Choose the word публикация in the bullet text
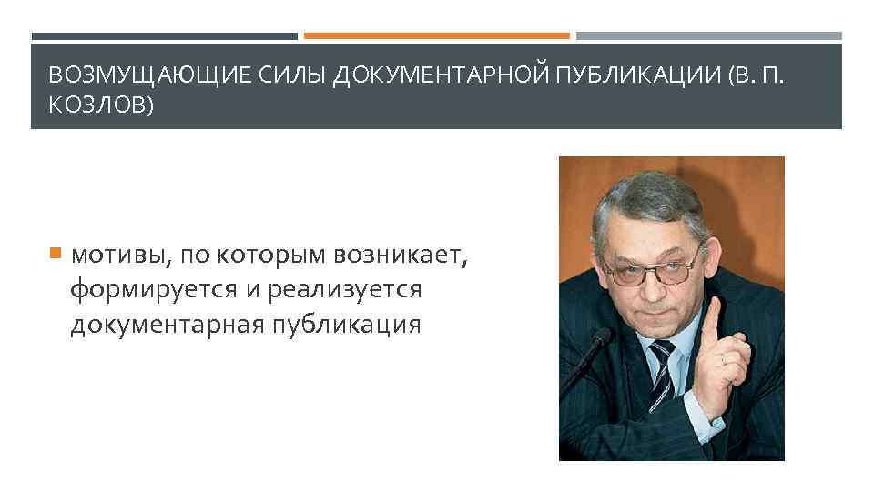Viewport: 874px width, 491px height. click(x=348, y=324)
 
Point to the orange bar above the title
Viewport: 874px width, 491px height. click(x=436, y=36)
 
